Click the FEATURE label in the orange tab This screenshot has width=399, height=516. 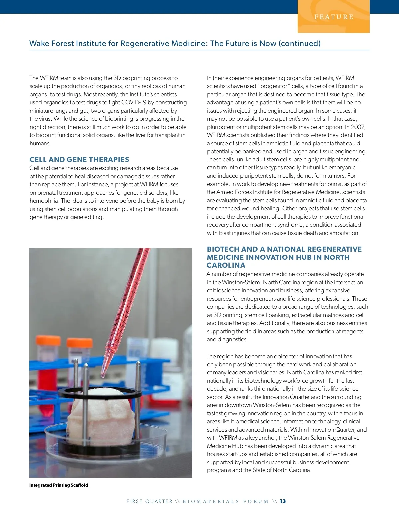pyautogui.click(x=334, y=17)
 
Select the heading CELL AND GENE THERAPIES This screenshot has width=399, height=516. pyautogui.click(x=79, y=160)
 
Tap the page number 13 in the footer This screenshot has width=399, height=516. pyautogui.click(x=283, y=501)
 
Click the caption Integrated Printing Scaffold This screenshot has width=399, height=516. pyautogui.click(x=59, y=485)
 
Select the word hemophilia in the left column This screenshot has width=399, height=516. pyautogui.click(x=44, y=201)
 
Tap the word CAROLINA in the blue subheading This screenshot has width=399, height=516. pyautogui.click(x=226, y=265)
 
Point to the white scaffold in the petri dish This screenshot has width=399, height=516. pyautogui.click(x=100, y=419)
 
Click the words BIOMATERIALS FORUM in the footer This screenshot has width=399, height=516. pyautogui.click(x=225, y=501)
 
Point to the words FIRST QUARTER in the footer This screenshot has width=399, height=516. pyautogui.click(x=149, y=501)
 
